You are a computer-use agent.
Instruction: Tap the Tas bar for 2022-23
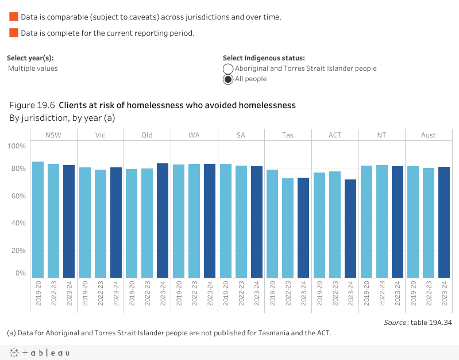(x=288, y=228)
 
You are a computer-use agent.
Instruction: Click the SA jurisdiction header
(x=241, y=135)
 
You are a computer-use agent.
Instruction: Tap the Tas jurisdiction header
(x=288, y=135)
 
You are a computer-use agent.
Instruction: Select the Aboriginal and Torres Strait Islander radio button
(x=228, y=69)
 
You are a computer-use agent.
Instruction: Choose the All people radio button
(x=228, y=79)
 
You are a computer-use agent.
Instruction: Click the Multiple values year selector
(x=33, y=68)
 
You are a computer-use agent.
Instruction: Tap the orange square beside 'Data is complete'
(x=14, y=33)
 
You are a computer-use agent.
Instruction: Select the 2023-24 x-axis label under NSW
(x=69, y=294)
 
